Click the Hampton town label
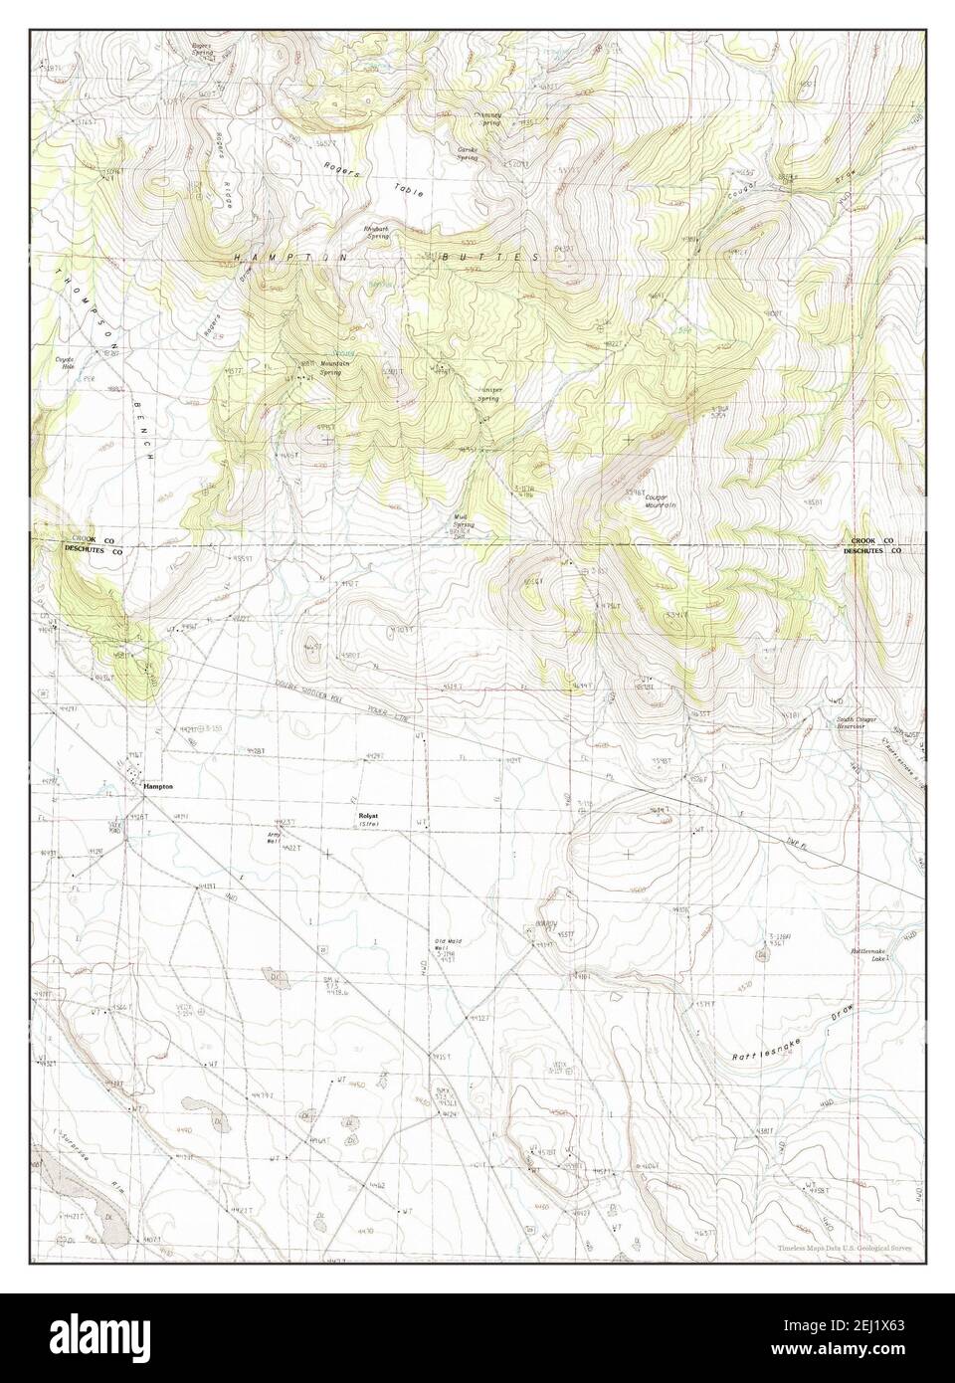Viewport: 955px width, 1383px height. coord(158,786)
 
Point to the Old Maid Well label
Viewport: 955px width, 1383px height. coord(447,945)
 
